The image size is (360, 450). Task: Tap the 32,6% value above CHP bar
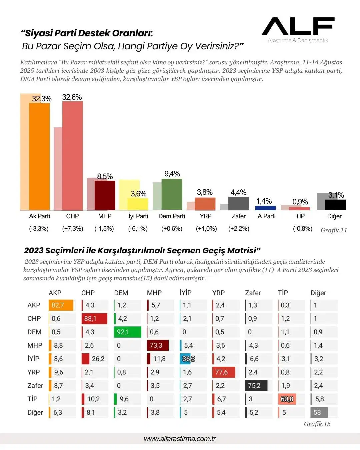[x=72, y=97]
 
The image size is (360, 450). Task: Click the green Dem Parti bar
[x=172, y=194]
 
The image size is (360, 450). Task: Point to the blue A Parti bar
[x=265, y=208]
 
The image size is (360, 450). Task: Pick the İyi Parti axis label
[x=138, y=216]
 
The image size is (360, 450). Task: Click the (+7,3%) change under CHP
[x=73, y=229]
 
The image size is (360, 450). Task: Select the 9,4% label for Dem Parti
[x=172, y=174]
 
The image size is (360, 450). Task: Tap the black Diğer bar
[x=335, y=205]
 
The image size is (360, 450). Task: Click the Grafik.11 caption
[x=334, y=230]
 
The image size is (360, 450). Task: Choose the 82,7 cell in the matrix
[x=61, y=305]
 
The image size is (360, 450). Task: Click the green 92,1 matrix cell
[x=127, y=332]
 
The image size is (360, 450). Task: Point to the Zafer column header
[x=253, y=293]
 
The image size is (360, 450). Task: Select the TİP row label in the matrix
[x=32, y=399]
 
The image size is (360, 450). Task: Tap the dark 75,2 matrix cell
[x=256, y=386]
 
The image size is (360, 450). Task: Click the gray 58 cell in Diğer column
[x=319, y=412]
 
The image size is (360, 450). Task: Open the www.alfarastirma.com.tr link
[x=180, y=439]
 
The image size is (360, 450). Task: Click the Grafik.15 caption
[x=317, y=424]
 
